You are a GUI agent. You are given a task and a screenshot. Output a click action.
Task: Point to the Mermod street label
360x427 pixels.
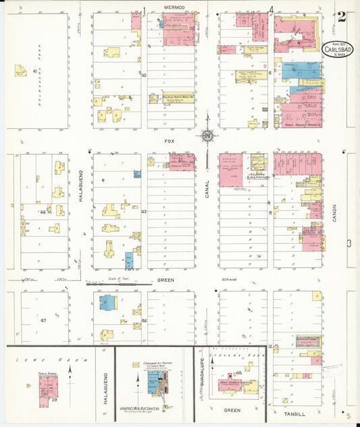[x=174, y=7]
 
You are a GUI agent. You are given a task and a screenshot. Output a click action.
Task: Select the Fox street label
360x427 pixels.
[x=170, y=142]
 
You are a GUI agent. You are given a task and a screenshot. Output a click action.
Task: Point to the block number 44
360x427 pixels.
[x=43, y=211]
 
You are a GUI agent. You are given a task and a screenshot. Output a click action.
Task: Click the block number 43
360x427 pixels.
[x=144, y=211]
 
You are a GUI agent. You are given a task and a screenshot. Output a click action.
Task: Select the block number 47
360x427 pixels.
[x=43, y=319]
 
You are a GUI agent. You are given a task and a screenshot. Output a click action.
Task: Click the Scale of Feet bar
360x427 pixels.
[x=111, y=284]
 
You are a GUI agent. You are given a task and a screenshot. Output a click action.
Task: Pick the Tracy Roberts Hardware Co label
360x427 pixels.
[x=301, y=124]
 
